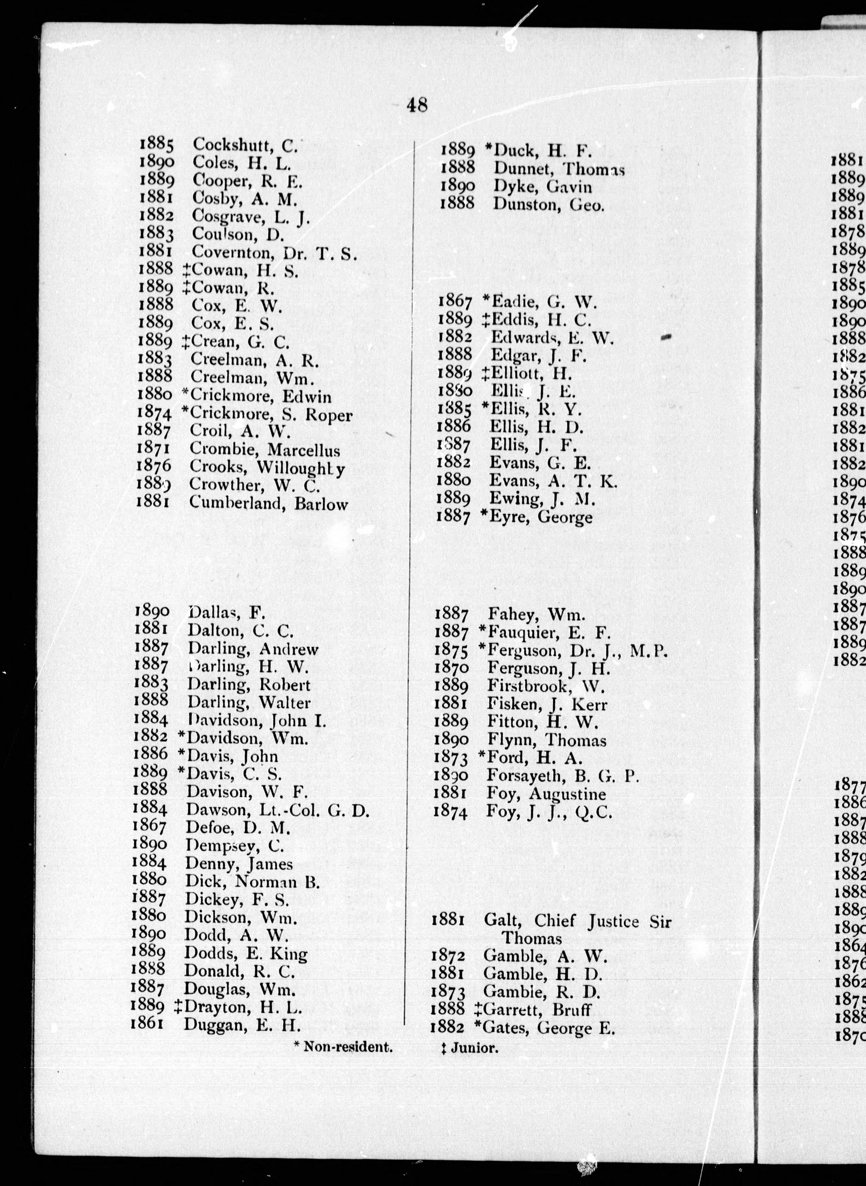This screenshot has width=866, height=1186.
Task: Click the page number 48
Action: click(x=417, y=105)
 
